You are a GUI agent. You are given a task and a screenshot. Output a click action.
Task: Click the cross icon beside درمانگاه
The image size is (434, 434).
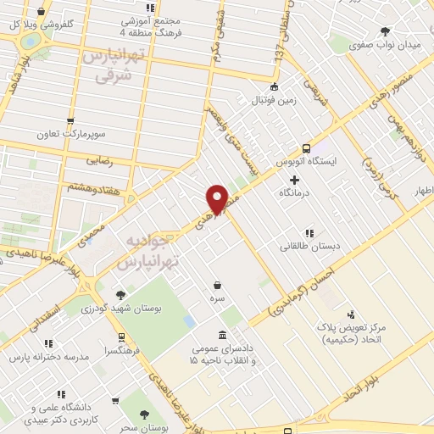(294, 180)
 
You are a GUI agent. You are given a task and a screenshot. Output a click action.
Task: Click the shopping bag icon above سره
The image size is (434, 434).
(219, 285)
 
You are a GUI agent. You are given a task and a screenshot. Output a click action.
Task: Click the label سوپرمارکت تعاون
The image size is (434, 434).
(70, 134)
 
